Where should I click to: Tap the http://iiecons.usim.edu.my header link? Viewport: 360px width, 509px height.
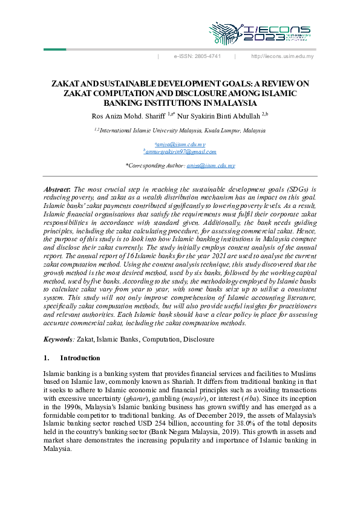coord(282,56)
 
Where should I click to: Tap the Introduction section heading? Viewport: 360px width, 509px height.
coord(79,358)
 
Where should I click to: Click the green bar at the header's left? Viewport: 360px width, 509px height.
coord(54,49)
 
